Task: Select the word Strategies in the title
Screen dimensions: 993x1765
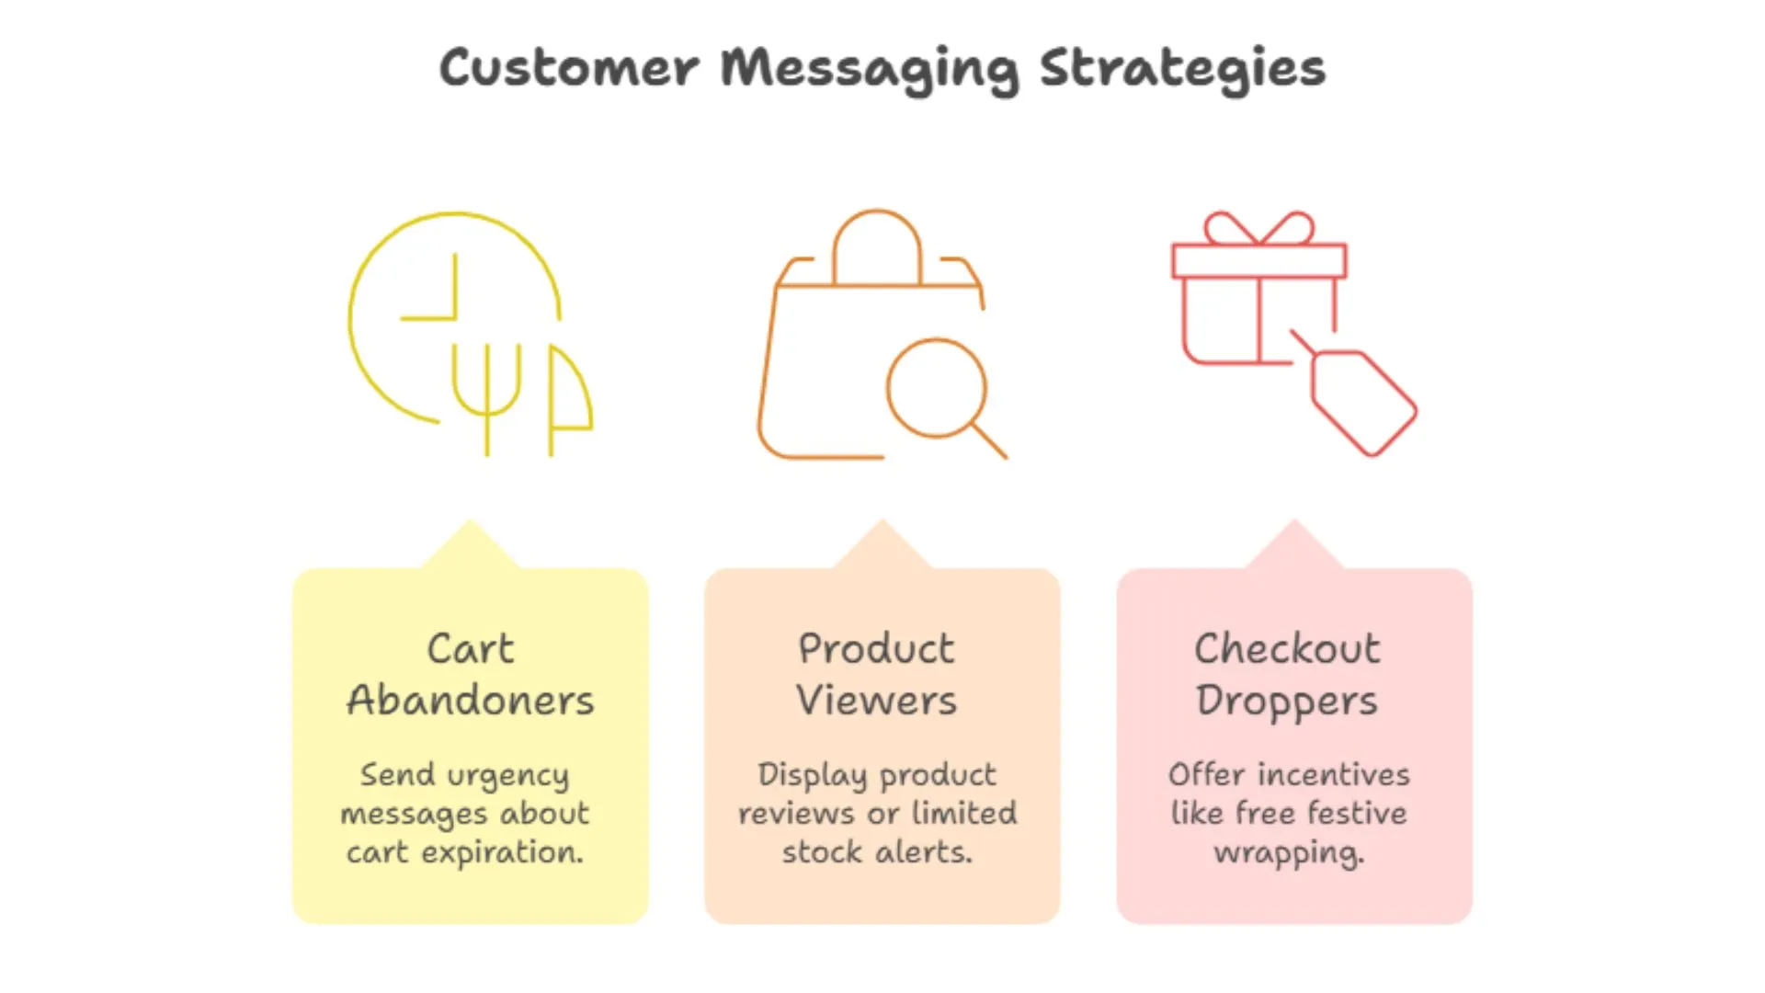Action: [1182, 68]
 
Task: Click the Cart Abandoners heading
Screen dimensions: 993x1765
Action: [471, 675]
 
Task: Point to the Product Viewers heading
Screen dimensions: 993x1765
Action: [877, 675]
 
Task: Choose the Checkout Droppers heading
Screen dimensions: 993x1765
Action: [1287, 675]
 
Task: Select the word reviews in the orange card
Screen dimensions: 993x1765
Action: [783, 815]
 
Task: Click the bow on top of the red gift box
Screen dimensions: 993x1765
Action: [1259, 229]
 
